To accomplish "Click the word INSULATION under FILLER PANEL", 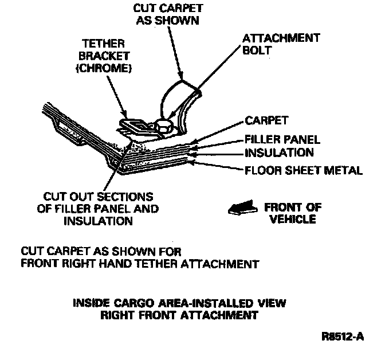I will [279, 152].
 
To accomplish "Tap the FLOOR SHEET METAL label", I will [303, 170].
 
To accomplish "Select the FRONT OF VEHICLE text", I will [292, 213].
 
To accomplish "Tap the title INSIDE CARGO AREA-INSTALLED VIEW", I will [179, 302].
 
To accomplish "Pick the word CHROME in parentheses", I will [109, 69].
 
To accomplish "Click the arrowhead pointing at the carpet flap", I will [180, 77].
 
